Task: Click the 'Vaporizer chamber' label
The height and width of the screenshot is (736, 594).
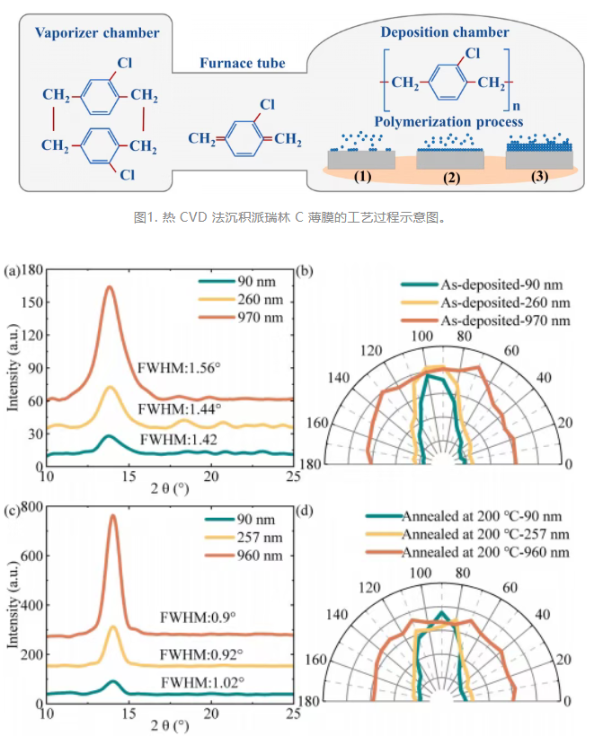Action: [x=97, y=33]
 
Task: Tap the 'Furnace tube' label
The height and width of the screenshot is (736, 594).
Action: [x=243, y=63]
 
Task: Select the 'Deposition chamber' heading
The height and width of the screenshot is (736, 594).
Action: [x=445, y=32]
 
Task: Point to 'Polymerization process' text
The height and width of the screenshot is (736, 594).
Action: [x=448, y=121]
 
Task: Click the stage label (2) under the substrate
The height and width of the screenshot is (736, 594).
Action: [x=452, y=178]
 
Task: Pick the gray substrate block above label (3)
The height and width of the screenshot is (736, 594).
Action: [x=539, y=160]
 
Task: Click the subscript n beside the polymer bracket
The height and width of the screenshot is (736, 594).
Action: [x=517, y=106]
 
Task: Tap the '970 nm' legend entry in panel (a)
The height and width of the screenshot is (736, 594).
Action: [x=261, y=318]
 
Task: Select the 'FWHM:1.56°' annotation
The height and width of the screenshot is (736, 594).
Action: [x=179, y=367]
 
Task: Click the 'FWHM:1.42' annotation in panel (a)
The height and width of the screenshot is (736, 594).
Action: [x=179, y=439]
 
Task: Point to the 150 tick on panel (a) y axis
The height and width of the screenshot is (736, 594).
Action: [x=32, y=302]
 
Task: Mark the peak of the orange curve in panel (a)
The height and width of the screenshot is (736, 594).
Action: [x=110, y=286]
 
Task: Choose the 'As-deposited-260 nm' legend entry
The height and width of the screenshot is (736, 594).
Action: [x=505, y=302]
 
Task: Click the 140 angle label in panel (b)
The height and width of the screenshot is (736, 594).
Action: [x=339, y=377]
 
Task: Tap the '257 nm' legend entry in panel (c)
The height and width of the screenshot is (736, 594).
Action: [x=260, y=538]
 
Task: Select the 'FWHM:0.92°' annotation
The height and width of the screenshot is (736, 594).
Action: [x=201, y=654]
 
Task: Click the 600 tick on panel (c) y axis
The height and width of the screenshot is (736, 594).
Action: [x=32, y=556]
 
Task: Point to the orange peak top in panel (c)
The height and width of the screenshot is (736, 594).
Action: [x=113, y=515]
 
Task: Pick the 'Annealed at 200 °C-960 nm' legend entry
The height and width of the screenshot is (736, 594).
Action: [x=485, y=552]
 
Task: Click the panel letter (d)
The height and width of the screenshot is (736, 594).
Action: [x=305, y=510]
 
